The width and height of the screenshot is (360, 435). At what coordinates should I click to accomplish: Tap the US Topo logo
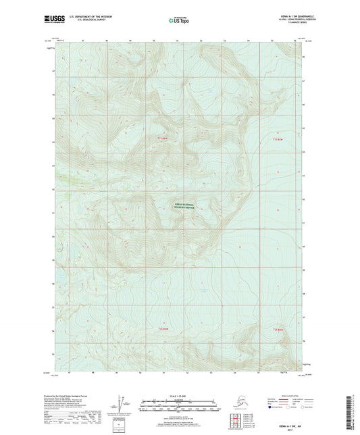pos(178,20)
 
